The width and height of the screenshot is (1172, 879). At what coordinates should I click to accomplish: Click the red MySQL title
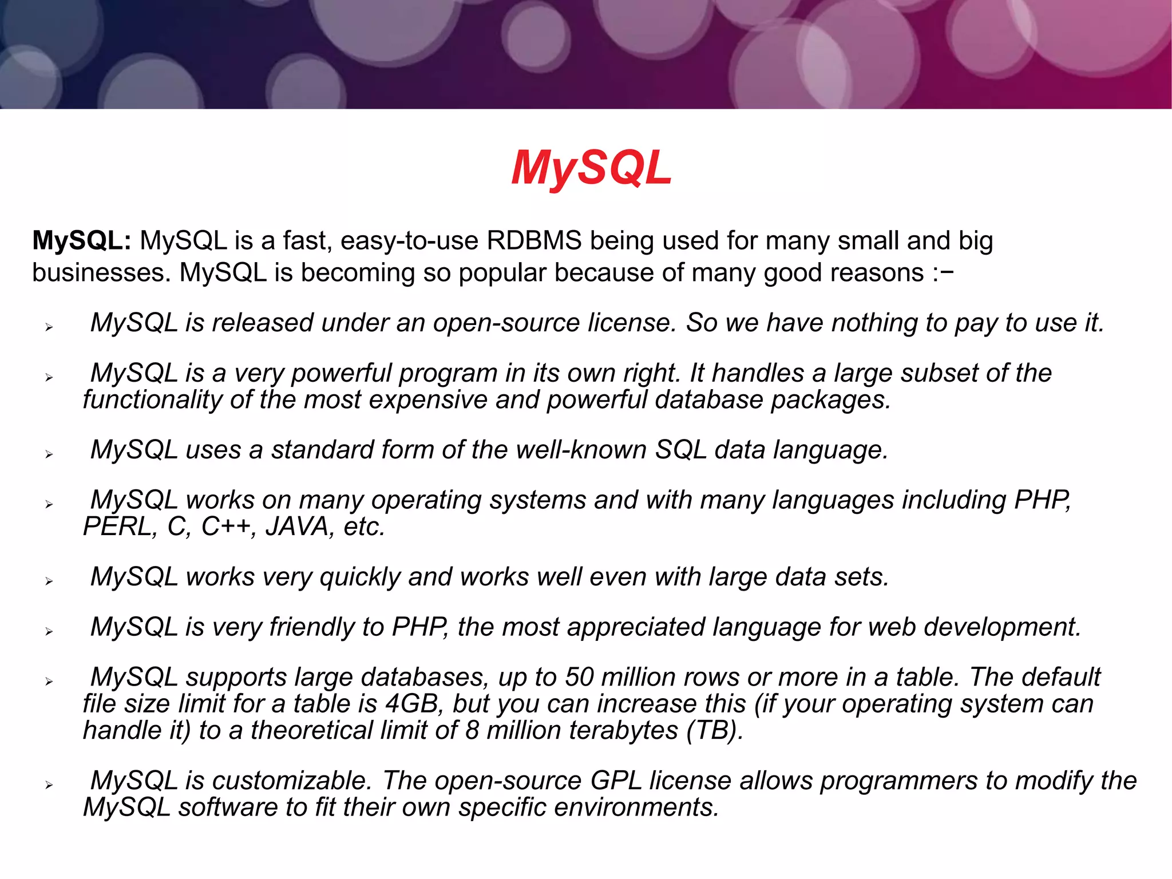[x=591, y=168]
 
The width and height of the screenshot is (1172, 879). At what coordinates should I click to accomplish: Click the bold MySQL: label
[x=82, y=241]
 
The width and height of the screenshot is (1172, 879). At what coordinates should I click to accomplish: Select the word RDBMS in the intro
[x=534, y=241]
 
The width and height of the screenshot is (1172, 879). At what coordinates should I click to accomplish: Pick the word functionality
[x=152, y=400]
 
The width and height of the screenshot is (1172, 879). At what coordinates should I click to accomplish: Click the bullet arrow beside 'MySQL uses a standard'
[x=49, y=454]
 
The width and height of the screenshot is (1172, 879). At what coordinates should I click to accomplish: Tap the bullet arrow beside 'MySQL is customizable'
[x=49, y=785]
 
